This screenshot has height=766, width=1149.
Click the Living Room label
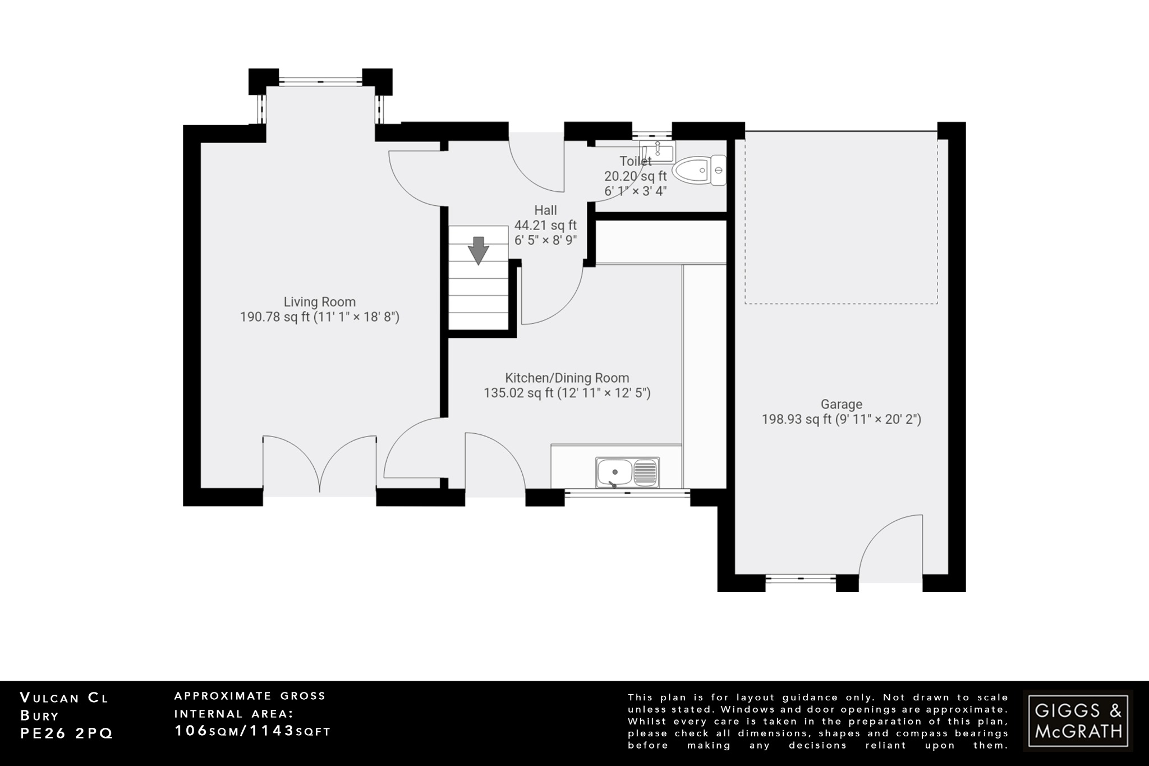(x=319, y=302)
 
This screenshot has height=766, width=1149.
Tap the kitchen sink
(x=628, y=472)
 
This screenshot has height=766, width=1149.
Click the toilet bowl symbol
(x=699, y=170)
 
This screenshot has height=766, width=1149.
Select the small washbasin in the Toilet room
(x=658, y=151)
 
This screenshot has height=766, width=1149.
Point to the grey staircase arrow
(x=478, y=250)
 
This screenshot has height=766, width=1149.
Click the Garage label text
(x=841, y=404)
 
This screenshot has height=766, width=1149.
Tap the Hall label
(x=545, y=210)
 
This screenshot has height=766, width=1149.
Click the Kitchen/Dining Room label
(x=567, y=378)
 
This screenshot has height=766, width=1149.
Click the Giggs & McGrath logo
(x=1077, y=721)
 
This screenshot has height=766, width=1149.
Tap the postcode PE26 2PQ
(x=66, y=733)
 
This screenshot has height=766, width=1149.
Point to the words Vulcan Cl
(x=64, y=698)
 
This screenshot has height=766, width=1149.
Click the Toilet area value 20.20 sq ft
(x=635, y=176)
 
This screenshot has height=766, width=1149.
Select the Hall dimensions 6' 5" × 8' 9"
(x=545, y=240)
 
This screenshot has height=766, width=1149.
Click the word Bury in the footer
(x=39, y=715)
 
